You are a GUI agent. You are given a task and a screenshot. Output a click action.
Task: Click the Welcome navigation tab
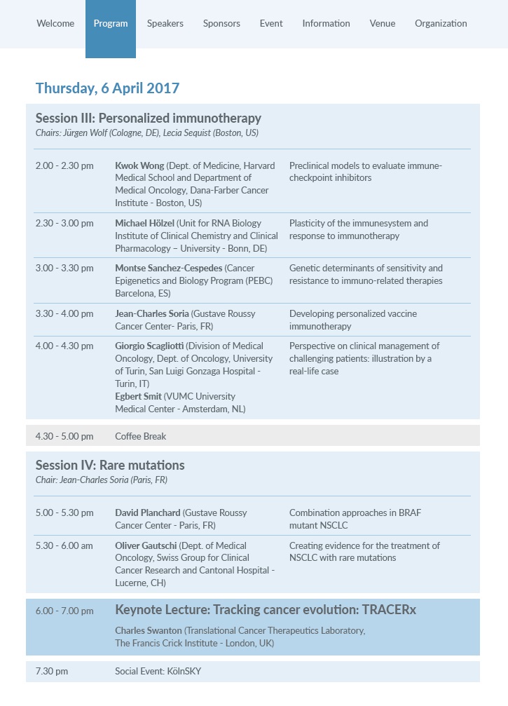click(x=55, y=23)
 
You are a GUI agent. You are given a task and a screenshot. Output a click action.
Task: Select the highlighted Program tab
click(x=111, y=23)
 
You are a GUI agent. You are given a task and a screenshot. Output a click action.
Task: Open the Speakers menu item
click(x=165, y=23)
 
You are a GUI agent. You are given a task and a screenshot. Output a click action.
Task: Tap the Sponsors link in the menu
click(x=221, y=23)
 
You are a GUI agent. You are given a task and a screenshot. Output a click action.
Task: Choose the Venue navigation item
click(x=383, y=23)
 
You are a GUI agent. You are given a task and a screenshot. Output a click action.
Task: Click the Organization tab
click(x=441, y=23)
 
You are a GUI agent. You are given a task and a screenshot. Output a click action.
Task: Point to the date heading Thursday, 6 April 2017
click(x=107, y=88)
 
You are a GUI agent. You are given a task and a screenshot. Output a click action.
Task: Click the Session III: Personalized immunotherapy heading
click(x=149, y=118)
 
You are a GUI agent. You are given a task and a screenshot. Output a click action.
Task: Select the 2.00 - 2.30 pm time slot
click(x=64, y=166)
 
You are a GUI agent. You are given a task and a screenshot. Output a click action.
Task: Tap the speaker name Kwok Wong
click(x=139, y=166)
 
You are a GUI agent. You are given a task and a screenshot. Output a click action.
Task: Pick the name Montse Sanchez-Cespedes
click(x=169, y=268)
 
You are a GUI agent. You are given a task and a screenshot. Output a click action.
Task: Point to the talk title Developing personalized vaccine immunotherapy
click(x=357, y=320)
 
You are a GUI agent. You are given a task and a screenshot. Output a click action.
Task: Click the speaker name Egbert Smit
click(x=138, y=396)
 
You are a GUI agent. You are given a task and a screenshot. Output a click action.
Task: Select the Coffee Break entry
click(x=140, y=436)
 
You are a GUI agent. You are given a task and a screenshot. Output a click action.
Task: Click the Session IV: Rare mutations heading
click(x=110, y=465)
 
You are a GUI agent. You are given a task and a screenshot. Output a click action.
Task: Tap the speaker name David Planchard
click(x=148, y=512)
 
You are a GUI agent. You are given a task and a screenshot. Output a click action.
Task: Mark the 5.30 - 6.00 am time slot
click(x=64, y=545)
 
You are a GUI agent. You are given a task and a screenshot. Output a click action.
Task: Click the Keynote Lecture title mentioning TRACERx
click(x=265, y=610)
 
